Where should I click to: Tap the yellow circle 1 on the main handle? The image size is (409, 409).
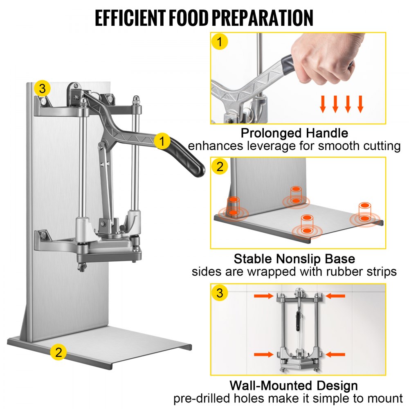tap(162, 142)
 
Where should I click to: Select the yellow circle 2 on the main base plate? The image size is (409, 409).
tap(59, 352)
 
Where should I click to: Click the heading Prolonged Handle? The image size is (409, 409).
tap(294, 133)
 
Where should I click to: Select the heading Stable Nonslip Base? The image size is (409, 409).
tap(294, 258)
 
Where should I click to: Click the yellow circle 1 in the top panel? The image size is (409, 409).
tap(220, 42)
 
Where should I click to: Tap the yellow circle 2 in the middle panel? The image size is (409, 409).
tap(220, 166)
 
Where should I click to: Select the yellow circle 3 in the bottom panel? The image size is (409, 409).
tap(220, 293)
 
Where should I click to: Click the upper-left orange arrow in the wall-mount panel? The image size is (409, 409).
tap(263, 295)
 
